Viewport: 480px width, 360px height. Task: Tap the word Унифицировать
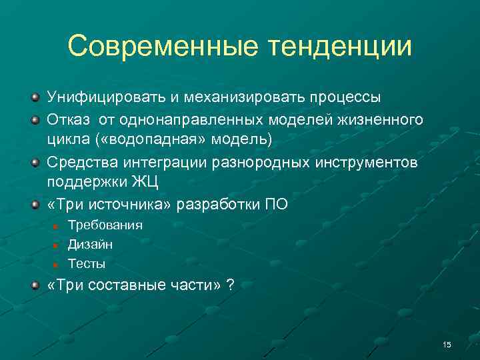[x=105, y=97]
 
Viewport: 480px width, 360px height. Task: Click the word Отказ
[x=69, y=120]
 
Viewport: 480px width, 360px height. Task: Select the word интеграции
[x=158, y=163]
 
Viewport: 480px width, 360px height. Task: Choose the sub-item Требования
[x=105, y=225]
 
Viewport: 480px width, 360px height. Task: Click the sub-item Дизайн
[x=90, y=245]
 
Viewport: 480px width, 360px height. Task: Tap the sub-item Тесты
[x=87, y=264]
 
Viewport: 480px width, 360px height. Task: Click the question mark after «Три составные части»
[x=230, y=286]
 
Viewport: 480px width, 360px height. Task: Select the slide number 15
[x=447, y=344]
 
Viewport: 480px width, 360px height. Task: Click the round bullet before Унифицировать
[x=34, y=98]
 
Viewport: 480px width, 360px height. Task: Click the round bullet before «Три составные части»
[x=34, y=286]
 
